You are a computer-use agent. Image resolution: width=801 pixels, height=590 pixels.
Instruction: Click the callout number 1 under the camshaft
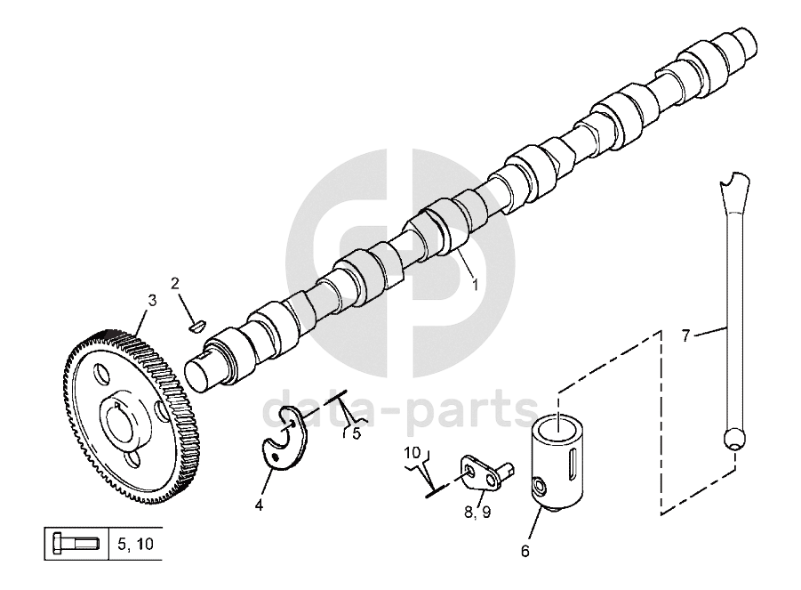(475, 284)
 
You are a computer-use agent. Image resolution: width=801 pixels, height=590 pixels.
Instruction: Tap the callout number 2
(175, 283)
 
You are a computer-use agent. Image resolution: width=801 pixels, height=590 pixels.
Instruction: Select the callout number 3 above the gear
(152, 301)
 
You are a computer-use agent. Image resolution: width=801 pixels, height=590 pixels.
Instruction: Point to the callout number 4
(259, 505)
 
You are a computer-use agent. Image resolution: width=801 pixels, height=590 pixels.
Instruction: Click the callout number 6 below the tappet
(525, 551)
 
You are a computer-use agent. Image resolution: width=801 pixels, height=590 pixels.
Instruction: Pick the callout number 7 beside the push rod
(686, 335)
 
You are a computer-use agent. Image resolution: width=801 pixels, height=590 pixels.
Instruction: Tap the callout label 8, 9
(477, 512)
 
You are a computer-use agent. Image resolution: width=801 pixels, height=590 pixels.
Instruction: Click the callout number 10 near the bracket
(413, 453)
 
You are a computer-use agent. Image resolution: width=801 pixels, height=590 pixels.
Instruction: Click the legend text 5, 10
(135, 544)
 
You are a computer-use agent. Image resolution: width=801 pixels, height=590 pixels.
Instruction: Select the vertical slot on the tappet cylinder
(573, 461)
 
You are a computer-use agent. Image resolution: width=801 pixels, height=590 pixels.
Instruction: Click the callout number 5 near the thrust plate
(356, 434)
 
